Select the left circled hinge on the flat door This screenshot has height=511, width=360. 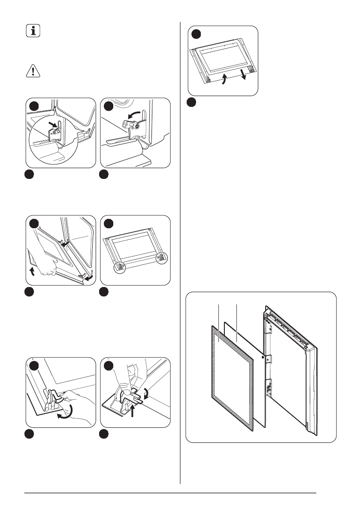(120, 267)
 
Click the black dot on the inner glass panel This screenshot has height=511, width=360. (262, 357)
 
